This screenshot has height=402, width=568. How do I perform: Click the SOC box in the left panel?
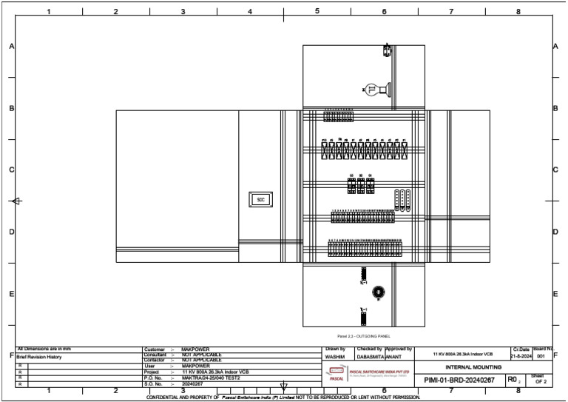pos(260,199)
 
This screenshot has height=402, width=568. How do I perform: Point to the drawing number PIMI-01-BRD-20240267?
pos(459,380)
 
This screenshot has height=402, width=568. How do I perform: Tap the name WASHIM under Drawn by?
pos(334,357)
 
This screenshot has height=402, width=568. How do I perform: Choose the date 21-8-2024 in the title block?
pos(521,357)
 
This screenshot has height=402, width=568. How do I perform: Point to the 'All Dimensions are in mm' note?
pos(44,348)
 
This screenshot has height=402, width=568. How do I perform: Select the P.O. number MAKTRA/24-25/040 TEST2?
pos(211,378)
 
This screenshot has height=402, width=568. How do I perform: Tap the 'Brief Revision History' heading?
pos(39,357)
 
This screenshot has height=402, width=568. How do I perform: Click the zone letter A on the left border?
pos(11,46)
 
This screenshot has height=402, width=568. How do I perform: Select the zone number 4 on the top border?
pos(250,11)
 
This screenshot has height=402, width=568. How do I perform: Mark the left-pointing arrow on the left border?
pos(16,201)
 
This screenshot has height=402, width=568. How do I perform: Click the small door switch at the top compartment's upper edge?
pos(387,50)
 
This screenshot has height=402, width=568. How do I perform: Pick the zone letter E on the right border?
pos(555,294)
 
